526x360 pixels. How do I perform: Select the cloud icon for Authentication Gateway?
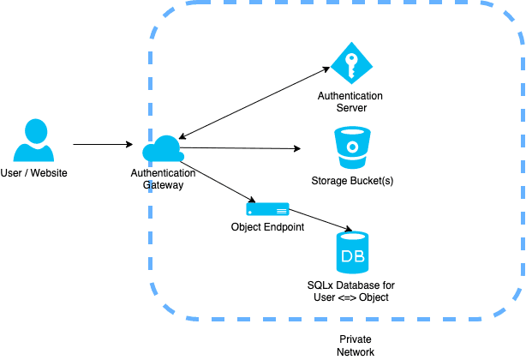click(163, 148)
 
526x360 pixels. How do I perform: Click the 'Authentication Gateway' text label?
click(163, 178)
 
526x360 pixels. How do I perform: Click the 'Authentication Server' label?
click(350, 101)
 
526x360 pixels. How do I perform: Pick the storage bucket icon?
click(352, 148)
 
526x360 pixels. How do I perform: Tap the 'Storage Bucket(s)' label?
click(352, 181)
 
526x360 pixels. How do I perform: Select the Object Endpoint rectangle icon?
click(267, 208)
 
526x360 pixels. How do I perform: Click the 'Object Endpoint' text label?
click(267, 227)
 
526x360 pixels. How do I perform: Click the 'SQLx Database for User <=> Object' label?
click(351, 291)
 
